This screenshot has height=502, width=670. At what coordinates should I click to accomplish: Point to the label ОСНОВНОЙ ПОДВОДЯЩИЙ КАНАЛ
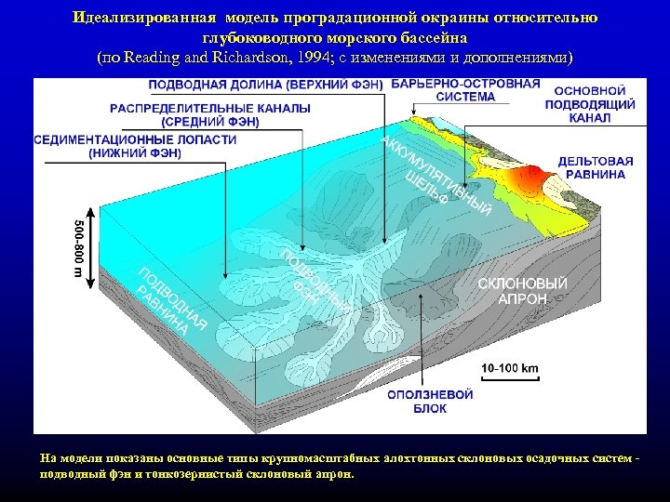pyautogui.click(x=595, y=105)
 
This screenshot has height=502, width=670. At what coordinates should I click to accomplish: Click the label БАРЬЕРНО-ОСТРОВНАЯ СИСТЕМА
pyautogui.click(x=465, y=89)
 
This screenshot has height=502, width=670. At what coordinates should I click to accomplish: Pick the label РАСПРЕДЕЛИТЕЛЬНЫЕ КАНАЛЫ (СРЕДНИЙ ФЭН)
pyautogui.click(x=211, y=114)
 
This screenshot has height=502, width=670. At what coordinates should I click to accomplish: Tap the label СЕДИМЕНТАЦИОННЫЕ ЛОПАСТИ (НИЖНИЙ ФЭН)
pyautogui.click(x=135, y=146)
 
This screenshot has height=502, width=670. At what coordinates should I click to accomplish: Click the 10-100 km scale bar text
pyautogui.click(x=510, y=368)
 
